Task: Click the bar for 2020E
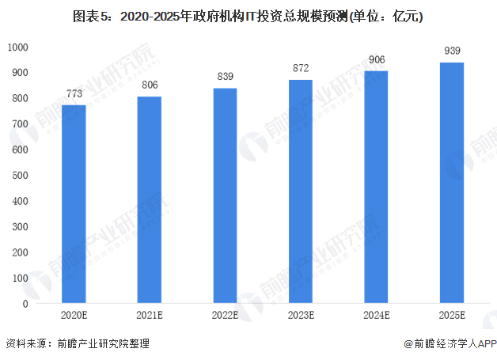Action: [x=74, y=204]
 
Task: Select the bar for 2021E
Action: [x=149, y=199]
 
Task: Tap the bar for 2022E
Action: [x=225, y=195]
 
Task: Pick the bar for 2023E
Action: [x=300, y=191]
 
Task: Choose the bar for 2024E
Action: [x=376, y=187]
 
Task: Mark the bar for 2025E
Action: [x=451, y=183]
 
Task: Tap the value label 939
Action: [x=451, y=52]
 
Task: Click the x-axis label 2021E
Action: [x=149, y=316]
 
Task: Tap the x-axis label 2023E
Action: [x=300, y=316]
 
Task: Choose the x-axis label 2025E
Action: [x=451, y=316]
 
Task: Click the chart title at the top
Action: [x=248, y=15]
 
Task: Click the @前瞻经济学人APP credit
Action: [x=450, y=344]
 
